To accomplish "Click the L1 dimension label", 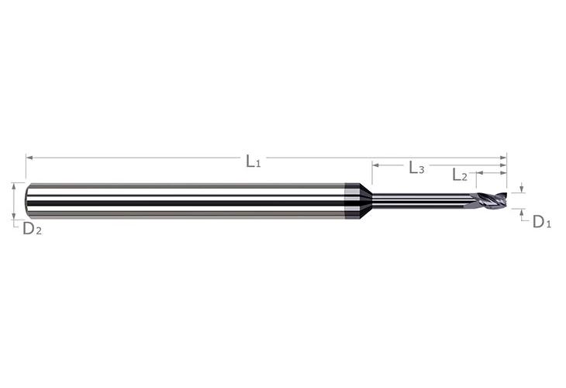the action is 253,161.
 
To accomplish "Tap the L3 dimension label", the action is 416,168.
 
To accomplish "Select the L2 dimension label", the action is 460,175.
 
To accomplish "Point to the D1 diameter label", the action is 542,222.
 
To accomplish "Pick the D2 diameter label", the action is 32,229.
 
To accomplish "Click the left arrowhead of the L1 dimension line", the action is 29,158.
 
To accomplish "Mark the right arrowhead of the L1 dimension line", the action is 503,158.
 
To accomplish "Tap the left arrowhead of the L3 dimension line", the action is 376,165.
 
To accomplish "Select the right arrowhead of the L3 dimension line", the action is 503,165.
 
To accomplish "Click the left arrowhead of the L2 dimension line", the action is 480,173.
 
